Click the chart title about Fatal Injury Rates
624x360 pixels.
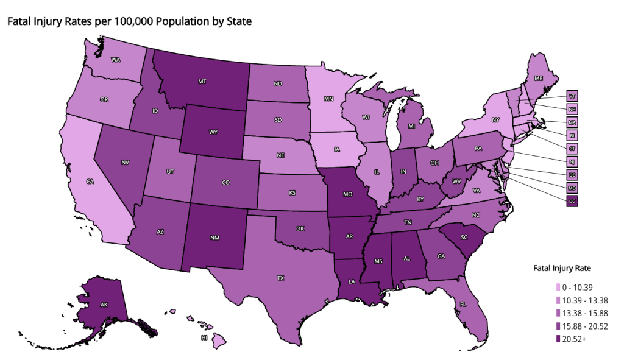coord(129,21)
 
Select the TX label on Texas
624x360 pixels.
coord(280,278)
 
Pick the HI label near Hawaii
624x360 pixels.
coord(204,337)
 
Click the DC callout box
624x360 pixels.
coord(572,201)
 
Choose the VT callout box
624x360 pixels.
coord(572,96)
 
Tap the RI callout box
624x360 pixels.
coord(572,135)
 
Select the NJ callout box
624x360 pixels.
coord(572,161)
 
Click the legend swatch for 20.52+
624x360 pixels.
coord(558,339)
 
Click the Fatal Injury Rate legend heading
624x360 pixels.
coord(562,268)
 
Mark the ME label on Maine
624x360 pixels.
coord(538,79)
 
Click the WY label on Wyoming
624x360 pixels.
coord(213,132)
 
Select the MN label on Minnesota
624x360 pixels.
coord(328,98)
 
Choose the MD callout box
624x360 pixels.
coord(572,188)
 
